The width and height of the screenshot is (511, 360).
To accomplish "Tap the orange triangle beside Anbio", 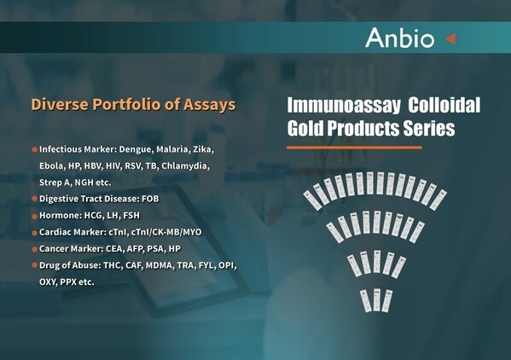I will [450, 38].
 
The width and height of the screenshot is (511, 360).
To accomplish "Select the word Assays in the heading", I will [210, 106].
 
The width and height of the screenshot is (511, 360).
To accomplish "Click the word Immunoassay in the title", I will [341, 107].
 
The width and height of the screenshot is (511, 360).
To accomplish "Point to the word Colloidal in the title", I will [444, 107].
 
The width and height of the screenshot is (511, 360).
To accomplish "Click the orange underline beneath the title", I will [353, 148].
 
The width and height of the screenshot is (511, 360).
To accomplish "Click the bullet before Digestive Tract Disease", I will [35, 199].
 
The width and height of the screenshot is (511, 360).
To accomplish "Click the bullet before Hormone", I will [35, 215].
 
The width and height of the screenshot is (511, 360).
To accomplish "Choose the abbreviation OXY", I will [50, 282].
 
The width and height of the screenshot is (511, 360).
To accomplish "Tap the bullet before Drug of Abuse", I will [35, 265].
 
